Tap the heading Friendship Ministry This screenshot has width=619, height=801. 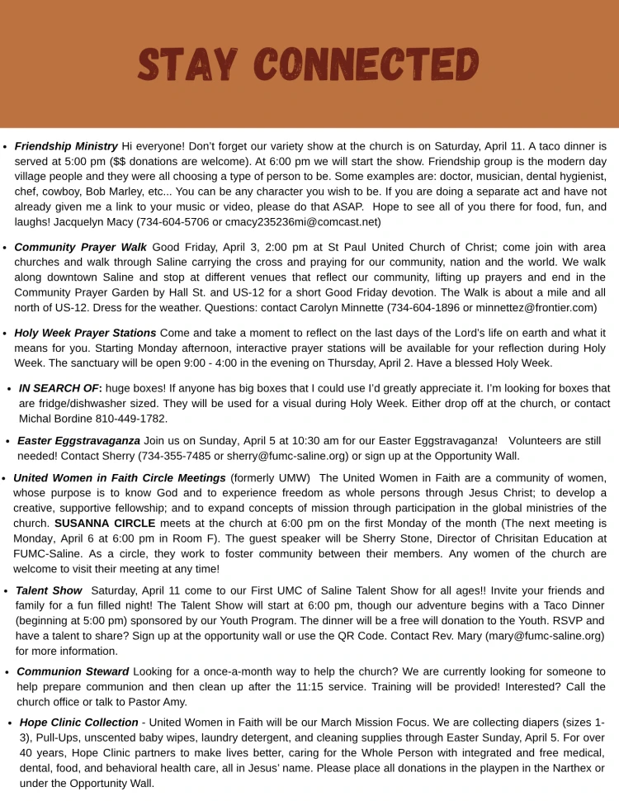click(67, 146)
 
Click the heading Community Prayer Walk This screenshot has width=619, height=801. click(81, 247)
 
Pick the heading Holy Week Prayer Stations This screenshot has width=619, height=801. click(85, 333)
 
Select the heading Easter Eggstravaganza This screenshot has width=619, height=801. click(78, 441)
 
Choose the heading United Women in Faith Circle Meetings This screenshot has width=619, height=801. click(120, 478)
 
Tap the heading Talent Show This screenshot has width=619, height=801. click(49, 591)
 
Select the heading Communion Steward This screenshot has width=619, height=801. click(73, 672)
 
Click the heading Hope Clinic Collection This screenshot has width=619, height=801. click(78, 723)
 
